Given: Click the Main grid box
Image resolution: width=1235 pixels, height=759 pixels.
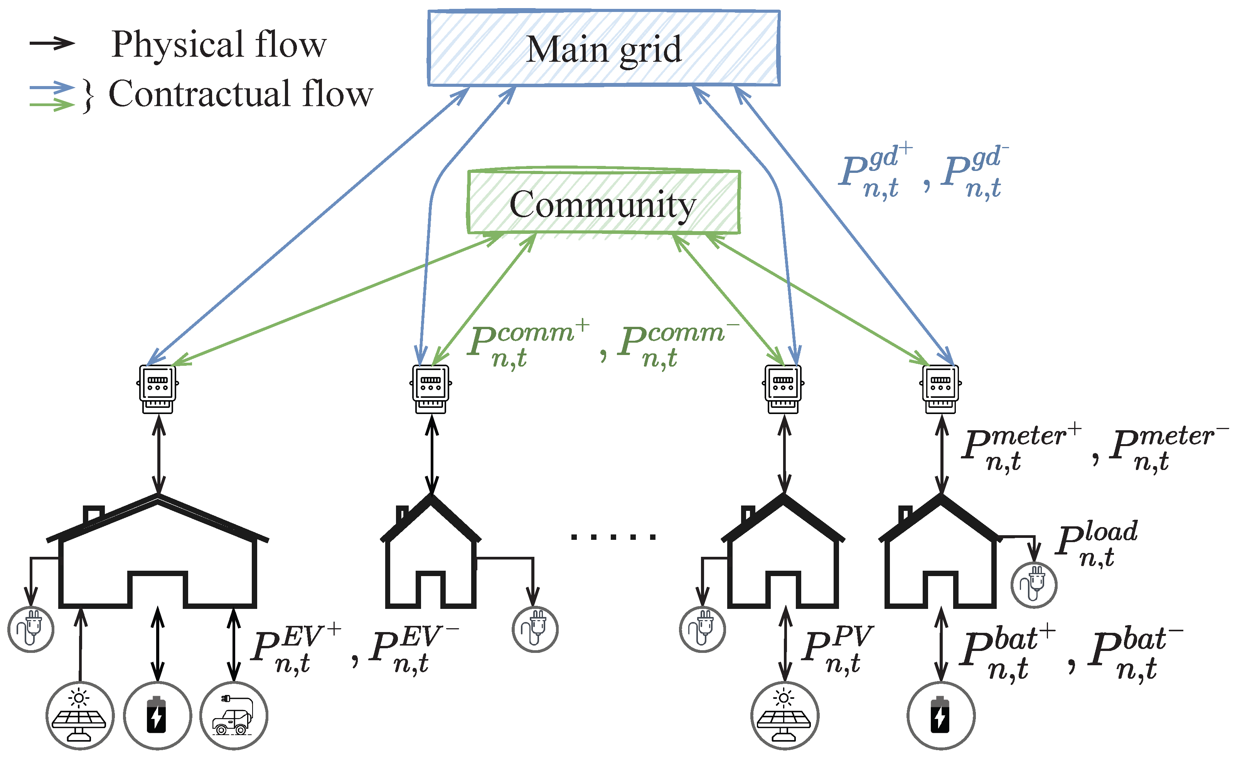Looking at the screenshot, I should (603, 48).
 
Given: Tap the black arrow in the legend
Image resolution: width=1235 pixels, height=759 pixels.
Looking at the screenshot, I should (52, 43).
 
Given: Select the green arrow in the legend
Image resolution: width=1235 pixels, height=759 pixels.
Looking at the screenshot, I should (52, 105).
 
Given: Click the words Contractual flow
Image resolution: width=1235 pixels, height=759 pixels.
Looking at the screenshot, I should (241, 94).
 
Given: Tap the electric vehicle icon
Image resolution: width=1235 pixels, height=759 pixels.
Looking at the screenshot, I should (233, 715).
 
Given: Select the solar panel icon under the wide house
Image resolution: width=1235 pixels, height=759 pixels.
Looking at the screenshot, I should (80, 715).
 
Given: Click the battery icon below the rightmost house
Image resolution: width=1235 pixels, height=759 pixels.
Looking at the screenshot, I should (940, 715).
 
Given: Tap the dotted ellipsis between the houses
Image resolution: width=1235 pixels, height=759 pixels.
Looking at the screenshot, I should (613, 537).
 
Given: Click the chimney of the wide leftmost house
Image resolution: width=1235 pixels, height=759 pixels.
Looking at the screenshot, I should (93, 514).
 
